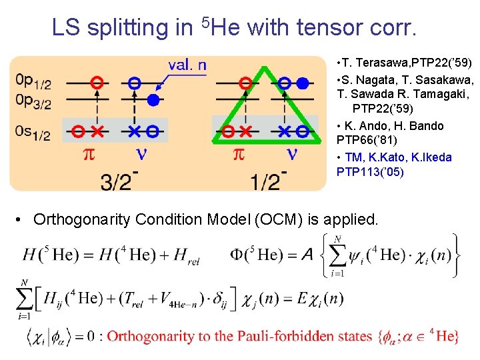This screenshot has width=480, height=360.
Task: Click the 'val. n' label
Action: [x=187, y=65]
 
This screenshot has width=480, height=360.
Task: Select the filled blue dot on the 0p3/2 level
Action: [x=153, y=101]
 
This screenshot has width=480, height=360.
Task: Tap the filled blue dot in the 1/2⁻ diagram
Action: [x=303, y=83]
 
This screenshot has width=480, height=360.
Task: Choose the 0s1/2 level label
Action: [x=33, y=134]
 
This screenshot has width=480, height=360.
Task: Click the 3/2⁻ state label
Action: [x=119, y=180]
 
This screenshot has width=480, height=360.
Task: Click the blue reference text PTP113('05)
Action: [x=371, y=173]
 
